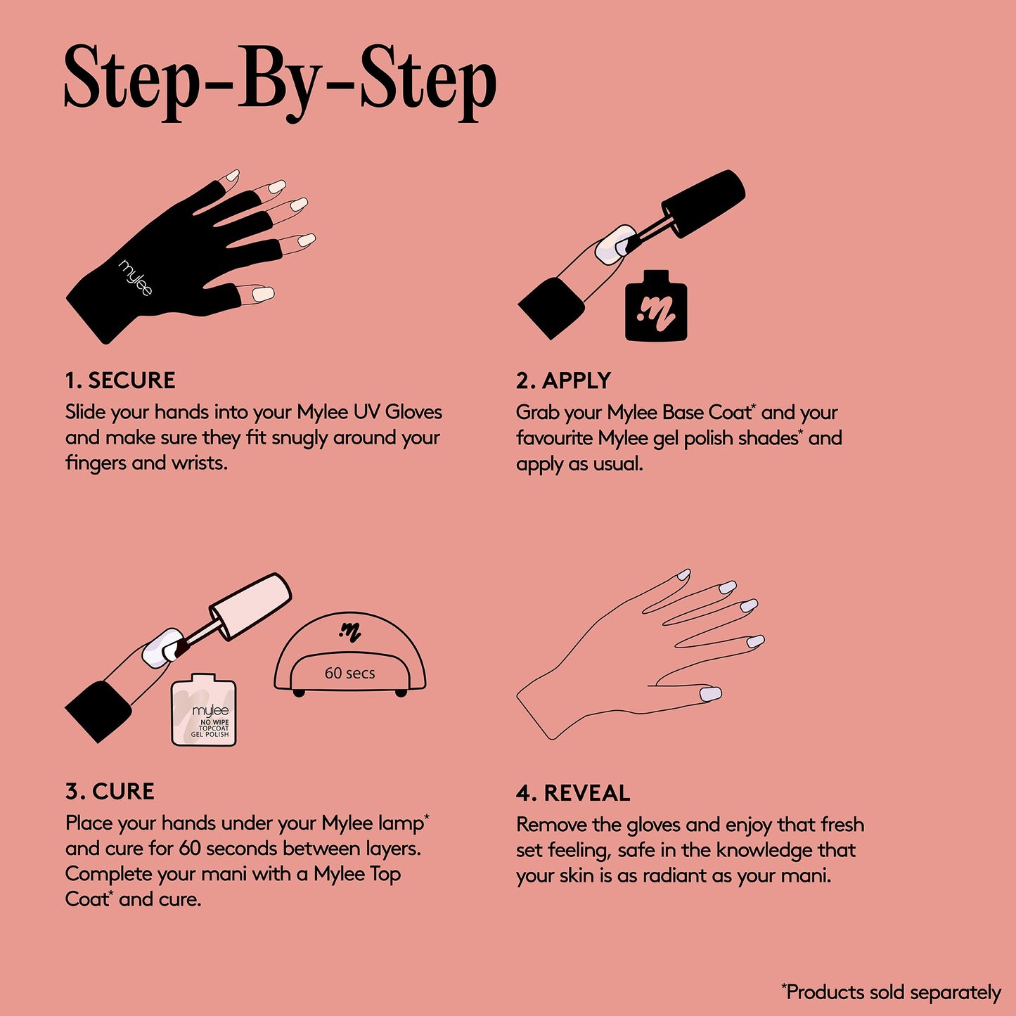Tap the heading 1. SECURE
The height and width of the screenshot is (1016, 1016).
pyautogui.click(x=120, y=380)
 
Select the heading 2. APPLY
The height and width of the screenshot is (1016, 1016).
pyautogui.click(x=563, y=380)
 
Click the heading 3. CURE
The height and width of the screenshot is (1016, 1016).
pyautogui.click(x=110, y=791)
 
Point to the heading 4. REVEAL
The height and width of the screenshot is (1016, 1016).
pyautogui.click(x=573, y=792)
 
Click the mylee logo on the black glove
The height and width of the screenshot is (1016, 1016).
pyautogui.click(x=135, y=278)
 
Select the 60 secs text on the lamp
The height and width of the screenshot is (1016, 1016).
pyautogui.click(x=349, y=673)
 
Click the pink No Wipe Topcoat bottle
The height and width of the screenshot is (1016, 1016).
pyautogui.click(x=204, y=710)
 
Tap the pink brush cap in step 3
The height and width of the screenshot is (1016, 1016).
pyautogui.click(x=250, y=605)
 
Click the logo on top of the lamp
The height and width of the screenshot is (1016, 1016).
pyautogui.click(x=349, y=631)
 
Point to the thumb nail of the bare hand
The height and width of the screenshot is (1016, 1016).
pyautogui.click(x=710, y=694)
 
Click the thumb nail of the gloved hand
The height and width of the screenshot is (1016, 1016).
pyautogui.click(x=263, y=293)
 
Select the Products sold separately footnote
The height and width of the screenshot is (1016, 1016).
pyautogui.click(x=891, y=992)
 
